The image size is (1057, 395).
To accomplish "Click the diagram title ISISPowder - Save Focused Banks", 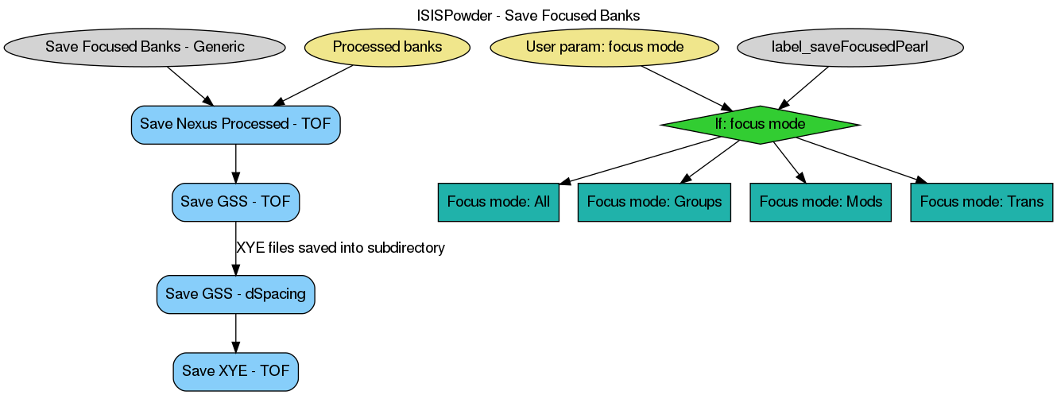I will (528, 15).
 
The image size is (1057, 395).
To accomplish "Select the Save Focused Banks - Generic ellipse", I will (145, 47).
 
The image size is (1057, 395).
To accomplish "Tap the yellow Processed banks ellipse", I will (387, 47).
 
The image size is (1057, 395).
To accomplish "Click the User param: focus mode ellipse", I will (605, 47).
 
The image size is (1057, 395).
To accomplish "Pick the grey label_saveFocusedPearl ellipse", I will (850, 47).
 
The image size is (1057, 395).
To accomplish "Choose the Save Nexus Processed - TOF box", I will (235, 125).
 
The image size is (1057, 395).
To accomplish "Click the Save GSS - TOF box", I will (235, 201).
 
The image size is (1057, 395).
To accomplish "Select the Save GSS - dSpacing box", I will (235, 294).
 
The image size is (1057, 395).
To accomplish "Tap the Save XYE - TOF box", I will (235, 371).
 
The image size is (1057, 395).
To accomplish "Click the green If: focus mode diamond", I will (760, 125).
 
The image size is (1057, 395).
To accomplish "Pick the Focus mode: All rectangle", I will (498, 202).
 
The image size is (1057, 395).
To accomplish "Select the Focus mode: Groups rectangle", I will (654, 202).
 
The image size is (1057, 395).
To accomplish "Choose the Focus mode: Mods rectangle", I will (821, 202).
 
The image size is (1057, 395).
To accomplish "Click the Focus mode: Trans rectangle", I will (981, 202).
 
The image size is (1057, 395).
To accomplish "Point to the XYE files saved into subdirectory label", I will (340, 248).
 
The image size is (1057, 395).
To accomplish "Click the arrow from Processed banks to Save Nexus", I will (314, 85).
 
